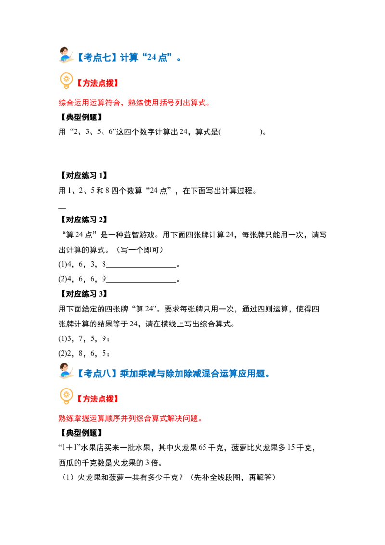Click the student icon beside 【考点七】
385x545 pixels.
click(66, 56)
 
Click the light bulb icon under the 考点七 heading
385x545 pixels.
click(66, 81)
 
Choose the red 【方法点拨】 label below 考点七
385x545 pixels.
click(98, 83)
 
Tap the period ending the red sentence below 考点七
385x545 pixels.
click(209, 104)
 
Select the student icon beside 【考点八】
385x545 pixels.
click(66, 372)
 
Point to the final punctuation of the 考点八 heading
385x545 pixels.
click(267, 376)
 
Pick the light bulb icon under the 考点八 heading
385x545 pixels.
click(66, 397)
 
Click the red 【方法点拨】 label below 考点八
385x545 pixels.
click(98, 399)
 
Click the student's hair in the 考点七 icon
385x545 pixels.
click(63, 50)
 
